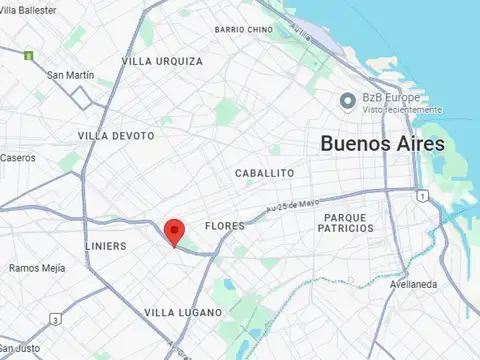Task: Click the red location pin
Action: coord(174,231)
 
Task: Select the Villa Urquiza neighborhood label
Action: coord(162,61)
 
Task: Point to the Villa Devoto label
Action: coord(115,135)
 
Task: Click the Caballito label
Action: coord(264,173)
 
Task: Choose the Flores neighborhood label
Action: coord(224,226)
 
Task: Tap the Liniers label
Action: coord(106,245)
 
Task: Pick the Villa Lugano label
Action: coord(183,313)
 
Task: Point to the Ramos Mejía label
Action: coord(37,268)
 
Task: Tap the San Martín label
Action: coord(70,75)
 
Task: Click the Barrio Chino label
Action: coord(243,29)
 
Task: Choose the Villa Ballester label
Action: coord(28,9)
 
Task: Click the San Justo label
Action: coord(18,349)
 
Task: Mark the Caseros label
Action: coord(17,157)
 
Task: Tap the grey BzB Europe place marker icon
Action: coord(348,100)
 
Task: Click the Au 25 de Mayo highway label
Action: coord(292,205)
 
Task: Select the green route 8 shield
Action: coord(29,54)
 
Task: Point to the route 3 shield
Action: coord(56,319)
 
